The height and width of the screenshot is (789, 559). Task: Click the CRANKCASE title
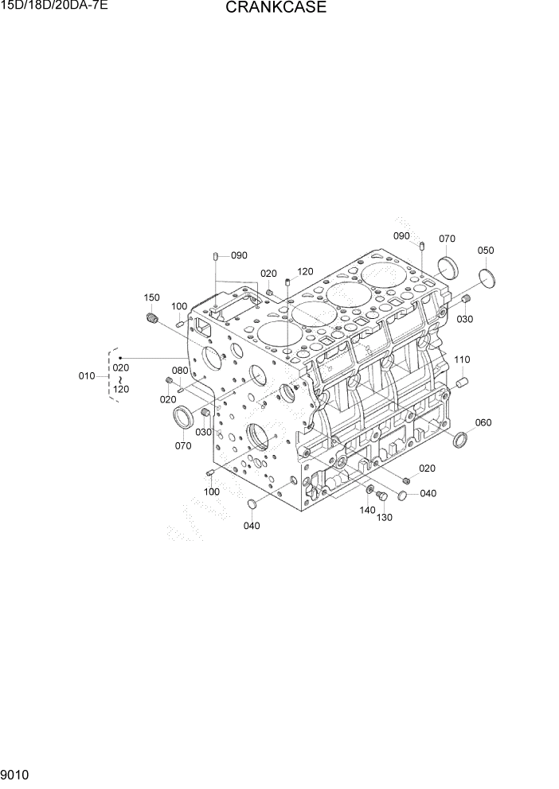pyautogui.click(x=264, y=9)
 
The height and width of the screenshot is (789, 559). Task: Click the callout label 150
pyautogui.click(x=151, y=297)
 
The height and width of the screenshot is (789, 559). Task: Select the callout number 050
pyautogui.click(x=486, y=251)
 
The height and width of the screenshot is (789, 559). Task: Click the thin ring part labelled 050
pyautogui.click(x=488, y=278)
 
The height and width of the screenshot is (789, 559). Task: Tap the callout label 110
pyautogui.click(x=462, y=360)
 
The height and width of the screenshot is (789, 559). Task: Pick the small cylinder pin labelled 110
pyautogui.click(x=460, y=383)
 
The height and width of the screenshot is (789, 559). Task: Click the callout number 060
pyautogui.click(x=483, y=422)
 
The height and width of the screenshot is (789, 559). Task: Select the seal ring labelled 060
pyautogui.click(x=460, y=440)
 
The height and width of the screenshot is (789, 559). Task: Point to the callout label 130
pyautogui.click(x=385, y=518)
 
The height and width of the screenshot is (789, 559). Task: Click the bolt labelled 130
pyautogui.click(x=381, y=496)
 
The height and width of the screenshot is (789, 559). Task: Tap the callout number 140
pyautogui.click(x=367, y=510)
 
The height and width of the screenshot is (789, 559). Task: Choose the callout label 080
pyautogui.click(x=180, y=371)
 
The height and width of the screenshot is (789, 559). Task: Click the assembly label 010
pyautogui.click(x=87, y=376)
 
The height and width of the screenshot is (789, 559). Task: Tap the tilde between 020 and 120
pyautogui.click(x=121, y=379)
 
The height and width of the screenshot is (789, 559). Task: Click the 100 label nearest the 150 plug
pyautogui.click(x=179, y=306)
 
